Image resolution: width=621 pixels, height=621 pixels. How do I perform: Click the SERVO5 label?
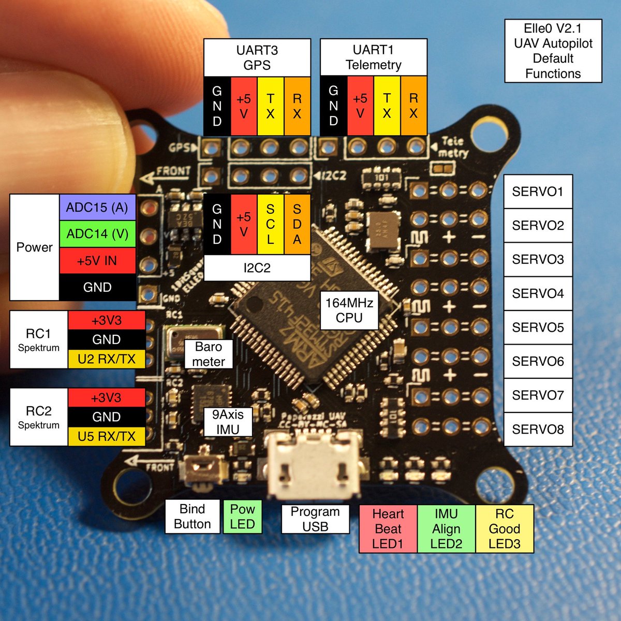point(538,328)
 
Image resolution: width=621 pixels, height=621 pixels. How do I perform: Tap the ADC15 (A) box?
point(97,208)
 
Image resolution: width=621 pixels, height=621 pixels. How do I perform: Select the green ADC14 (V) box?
point(97,234)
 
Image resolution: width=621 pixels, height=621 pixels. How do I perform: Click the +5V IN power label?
point(97,261)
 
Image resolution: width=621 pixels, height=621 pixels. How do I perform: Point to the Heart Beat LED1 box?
point(388,529)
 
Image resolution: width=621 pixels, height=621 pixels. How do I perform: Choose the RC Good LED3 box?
point(505,529)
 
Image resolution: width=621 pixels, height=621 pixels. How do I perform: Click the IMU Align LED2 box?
point(446,529)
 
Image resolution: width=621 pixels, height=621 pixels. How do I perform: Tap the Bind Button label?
point(192,516)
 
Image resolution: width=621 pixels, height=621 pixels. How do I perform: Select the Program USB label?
point(315,519)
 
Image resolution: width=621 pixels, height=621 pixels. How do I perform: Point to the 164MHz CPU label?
point(349,310)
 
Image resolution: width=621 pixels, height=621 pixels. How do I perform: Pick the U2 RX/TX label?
point(107,359)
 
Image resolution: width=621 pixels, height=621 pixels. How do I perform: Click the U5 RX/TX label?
point(107,436)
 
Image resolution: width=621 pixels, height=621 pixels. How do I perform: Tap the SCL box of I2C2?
point(270,224)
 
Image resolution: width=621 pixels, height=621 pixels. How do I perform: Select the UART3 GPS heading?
point(257,57)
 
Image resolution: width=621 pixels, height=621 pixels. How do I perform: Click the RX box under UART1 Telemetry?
point(413,106)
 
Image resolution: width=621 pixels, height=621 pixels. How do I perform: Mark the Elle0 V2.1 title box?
point(553,51)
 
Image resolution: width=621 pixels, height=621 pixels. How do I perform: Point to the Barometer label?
point(209,354)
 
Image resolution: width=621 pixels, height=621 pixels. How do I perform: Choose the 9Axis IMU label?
point(228,422)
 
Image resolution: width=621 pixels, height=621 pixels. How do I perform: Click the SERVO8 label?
point(538,430)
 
